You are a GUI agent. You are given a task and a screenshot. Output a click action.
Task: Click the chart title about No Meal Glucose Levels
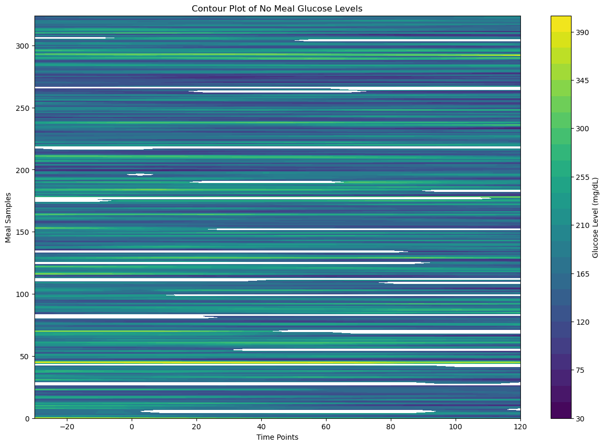click(277, 8)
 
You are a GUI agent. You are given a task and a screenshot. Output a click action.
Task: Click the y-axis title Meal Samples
click(8, 217)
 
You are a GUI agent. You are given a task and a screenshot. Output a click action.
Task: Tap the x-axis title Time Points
click(277, 437)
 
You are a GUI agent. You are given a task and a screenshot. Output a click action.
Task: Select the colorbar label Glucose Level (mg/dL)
click(596, 217)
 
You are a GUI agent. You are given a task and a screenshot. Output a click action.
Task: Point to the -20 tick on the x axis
click(67, 426)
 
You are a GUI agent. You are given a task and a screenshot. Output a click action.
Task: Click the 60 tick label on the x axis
click(326, 426)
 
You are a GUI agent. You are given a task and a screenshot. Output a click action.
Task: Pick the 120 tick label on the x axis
click(520, 426)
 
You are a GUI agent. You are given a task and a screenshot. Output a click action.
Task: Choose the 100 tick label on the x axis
click(456, 426)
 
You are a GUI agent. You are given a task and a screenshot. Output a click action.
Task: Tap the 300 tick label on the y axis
click(22, 46)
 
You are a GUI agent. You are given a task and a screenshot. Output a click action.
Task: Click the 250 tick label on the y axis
click(22, 108)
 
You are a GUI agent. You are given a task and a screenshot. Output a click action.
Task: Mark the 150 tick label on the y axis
click(22, 232)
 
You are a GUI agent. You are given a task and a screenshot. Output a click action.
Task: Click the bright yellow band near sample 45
click(277, 362)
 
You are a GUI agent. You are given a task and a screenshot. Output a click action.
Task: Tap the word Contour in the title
click(206, 8)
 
